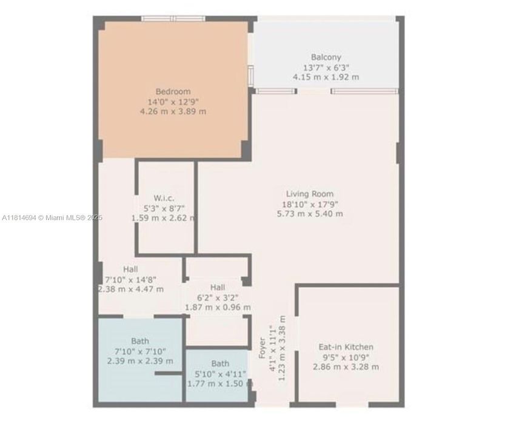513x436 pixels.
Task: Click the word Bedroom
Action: point(173,91)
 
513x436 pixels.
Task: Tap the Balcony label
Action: point(326,57)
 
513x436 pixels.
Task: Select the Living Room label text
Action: point(310,194)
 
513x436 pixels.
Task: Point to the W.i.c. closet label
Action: point(164,198)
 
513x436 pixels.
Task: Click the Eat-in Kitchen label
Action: point(346,347)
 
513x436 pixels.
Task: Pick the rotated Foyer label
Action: point(262,348)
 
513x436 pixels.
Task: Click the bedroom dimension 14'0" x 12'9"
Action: point(173,102)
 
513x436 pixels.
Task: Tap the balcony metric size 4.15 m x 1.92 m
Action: point(326,78)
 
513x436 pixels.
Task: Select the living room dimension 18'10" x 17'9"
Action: point(310,205)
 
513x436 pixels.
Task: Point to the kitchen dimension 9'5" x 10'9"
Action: point(346,357)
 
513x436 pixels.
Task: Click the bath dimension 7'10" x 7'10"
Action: point(140,351)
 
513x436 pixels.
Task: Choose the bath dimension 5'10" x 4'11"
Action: point(220,374)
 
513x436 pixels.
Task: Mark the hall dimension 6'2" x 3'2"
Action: point(218,298)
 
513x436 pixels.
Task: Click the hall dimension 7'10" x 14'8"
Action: point(130,280)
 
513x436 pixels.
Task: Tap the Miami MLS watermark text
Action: point(52,217)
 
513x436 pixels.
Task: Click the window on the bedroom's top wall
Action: point(173,19)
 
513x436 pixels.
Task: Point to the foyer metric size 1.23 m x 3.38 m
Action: point(282,348)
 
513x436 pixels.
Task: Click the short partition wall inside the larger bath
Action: point(168,373)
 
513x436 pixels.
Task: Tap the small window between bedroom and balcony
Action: point(251,75)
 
